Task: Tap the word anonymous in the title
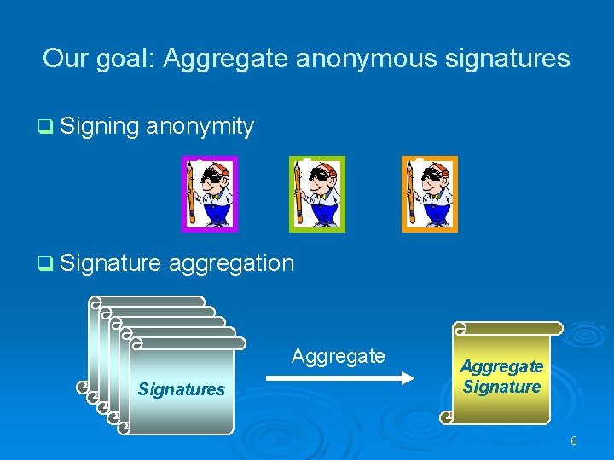tap(368, 59)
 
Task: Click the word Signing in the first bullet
tap(100, 127)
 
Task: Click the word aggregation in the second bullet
tap(231, 263)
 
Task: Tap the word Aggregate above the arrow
tap(339, 355)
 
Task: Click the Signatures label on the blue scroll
tap(182, 390)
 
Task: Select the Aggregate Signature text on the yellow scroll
tap(501, 377)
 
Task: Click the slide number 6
tap(574, 440)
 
